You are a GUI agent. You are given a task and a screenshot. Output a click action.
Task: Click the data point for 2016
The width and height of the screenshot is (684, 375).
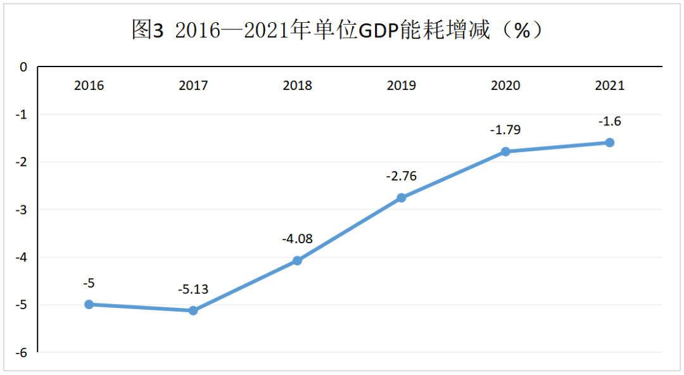click(89, 304)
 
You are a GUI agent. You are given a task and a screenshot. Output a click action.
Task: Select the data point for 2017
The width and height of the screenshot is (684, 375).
click(193, 310)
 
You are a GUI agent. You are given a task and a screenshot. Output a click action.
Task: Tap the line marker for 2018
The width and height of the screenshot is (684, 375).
click(297, 260)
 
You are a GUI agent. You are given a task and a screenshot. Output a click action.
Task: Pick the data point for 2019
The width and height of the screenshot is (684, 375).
click(402, 198)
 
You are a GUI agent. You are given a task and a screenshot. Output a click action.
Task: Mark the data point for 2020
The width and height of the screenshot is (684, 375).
click(505, 151)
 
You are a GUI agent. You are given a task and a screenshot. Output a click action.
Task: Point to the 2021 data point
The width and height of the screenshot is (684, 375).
click(609, 143)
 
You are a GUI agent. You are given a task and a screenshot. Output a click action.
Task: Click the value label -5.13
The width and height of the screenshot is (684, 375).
click(193, 290)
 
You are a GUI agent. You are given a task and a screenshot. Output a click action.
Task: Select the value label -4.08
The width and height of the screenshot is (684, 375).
click(297, 240)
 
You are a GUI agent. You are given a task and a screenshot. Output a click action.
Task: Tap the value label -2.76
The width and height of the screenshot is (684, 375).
click(402, 176)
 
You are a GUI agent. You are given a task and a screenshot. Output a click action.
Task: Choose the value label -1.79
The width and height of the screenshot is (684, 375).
click(505, 130)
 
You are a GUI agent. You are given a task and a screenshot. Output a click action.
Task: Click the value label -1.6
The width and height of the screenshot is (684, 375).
click(609, 122)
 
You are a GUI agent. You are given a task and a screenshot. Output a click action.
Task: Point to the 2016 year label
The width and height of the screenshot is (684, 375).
click(89, 86)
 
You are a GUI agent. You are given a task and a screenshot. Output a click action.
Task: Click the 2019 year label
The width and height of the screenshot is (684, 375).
click(402, 86)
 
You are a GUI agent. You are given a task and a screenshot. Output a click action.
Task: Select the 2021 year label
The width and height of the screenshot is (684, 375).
click(609, 86)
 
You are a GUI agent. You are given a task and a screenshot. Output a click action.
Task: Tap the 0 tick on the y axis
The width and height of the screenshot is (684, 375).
click(24, 67)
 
